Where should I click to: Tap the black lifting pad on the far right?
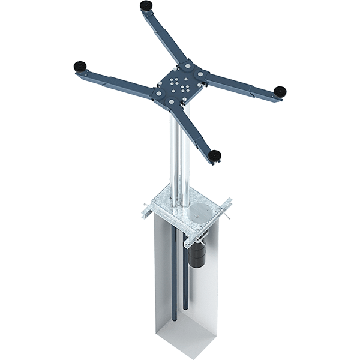tap(280, 90)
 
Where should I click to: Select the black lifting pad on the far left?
tap(78, 66)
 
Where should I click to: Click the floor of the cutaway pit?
tap(180, 336)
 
